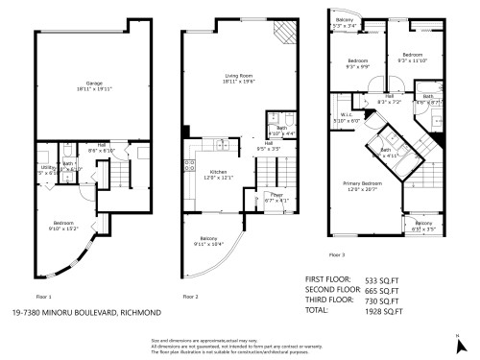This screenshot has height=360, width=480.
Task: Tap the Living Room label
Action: click(217, 81)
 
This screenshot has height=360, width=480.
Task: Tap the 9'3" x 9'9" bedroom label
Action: click(359, 64)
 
